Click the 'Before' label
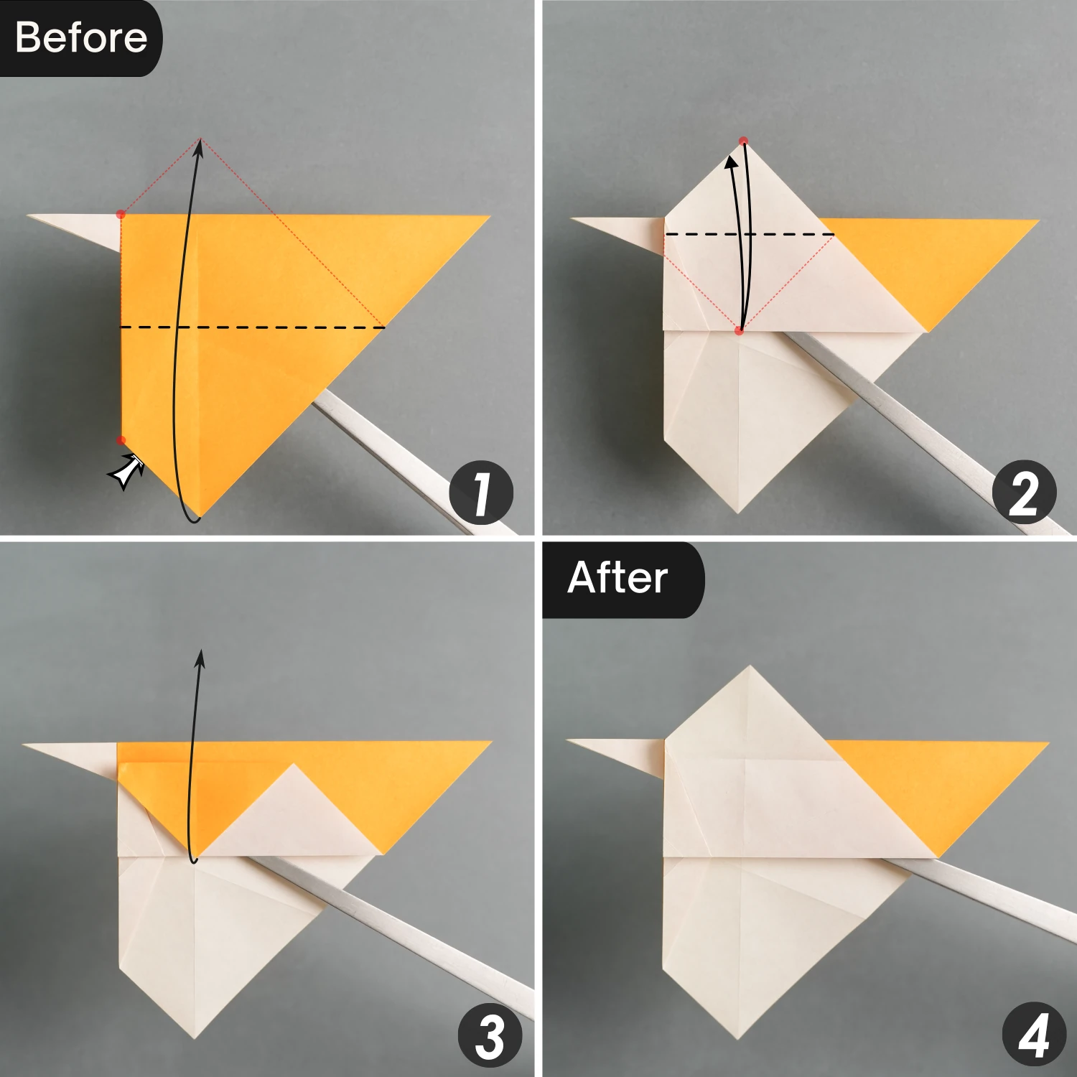[80, 37]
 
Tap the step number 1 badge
[481, 493]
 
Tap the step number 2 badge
[1024, 493]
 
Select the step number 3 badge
[490, 1036]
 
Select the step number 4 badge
[1033, 1036]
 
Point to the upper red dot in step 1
[121, 214]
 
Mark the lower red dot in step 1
[121, 440]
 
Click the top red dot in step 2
[744, 141]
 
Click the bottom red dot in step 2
[739, 330]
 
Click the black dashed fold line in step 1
[251, 327]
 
